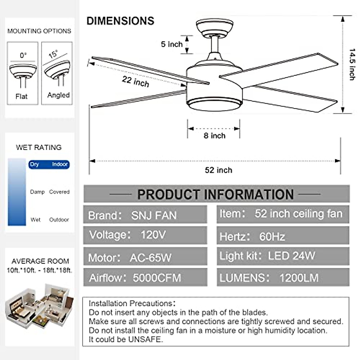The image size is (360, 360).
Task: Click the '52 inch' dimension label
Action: coord(218,170)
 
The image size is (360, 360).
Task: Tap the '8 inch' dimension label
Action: coord(214,136)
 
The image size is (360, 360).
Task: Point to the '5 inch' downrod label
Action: coord(172,44)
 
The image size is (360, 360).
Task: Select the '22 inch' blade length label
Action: coord(135,81)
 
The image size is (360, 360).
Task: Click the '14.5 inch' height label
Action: coord(352,64)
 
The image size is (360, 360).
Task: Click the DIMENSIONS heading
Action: coord(120,21)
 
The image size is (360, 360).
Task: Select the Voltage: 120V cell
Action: coord(145,235)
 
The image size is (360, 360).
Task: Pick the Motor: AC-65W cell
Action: coord(145,257)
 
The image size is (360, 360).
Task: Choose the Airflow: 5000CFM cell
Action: coord(145,277)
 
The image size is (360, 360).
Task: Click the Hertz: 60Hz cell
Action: coord(283,236)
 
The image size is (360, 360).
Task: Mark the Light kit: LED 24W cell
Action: coord(283,256)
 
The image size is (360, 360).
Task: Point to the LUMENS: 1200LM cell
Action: coord(283,277)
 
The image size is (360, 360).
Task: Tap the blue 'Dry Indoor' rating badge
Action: coord(49,164)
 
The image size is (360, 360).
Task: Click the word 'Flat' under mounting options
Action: coord(21,96)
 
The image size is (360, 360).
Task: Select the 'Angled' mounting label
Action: coord(58,95)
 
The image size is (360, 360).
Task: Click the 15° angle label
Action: coord(53,54)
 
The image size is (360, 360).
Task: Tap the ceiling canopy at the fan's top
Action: coord(214,27)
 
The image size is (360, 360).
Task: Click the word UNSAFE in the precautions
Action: coord(145,339)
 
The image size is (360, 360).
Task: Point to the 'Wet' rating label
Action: coord(35,220)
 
